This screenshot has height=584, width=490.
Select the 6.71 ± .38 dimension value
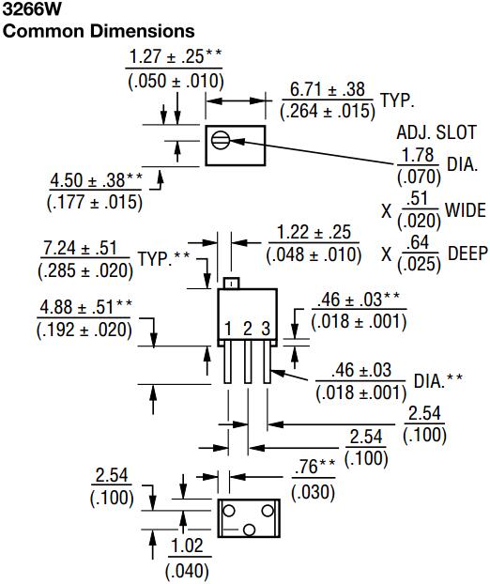tap(327, 89)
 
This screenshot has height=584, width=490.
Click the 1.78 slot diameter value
tap(419, 154)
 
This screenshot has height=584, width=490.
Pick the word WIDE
tap(466, 208)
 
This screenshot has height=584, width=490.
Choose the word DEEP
tap(466, 253)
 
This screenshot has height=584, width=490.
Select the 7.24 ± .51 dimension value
tap(83, 249)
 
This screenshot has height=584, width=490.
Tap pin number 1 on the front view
tap(228, 328)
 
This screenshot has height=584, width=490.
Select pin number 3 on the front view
tap(266, 328)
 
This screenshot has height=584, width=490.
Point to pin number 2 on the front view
tap(247, 328)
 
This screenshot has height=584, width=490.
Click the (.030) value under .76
tap(311, 489)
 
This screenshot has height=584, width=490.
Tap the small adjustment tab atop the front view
tap(232, 283)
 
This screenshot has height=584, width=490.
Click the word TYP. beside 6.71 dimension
tap(397, 99)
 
